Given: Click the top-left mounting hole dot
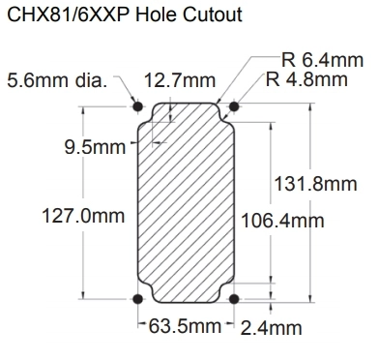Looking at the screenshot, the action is pyautogui.click(x=138, y=106).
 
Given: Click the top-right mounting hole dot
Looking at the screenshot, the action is pyautogui.click(x=234, y=106).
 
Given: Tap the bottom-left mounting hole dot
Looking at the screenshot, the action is pyautogui.click(x=138, y=299).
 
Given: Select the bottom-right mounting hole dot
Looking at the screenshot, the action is pyautogui.click(x=234, y=299).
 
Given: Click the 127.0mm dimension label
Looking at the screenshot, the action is pyautogui.click(x=83, y=216).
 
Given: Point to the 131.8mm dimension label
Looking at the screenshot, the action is pyautogui.click(x=315, y=184).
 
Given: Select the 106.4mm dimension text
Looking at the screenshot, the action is pyautogui.click(x=282, y=221).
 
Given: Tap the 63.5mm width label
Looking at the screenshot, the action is pyautogui.click(x=185, y=326).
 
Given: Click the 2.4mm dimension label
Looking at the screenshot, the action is pyautogui.click(x=272, y=328).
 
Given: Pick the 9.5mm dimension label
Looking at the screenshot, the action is pyautogui.click(x=95, y=147).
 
